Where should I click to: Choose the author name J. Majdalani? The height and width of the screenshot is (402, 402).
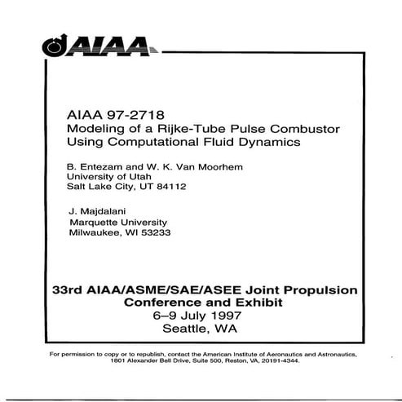(x=98, y=210)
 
